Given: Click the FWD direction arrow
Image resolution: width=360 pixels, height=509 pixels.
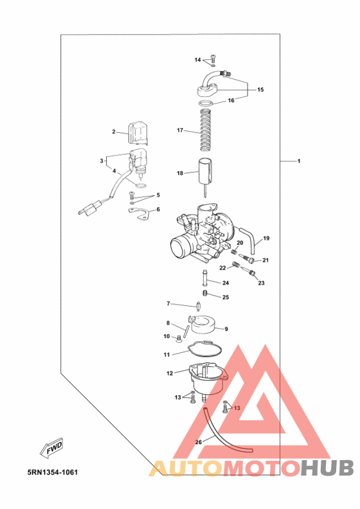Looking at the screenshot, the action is coord(51,448).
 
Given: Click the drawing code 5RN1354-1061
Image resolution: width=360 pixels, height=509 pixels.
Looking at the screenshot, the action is coord(53,472).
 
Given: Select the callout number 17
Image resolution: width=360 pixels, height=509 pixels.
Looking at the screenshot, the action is coord(180,130).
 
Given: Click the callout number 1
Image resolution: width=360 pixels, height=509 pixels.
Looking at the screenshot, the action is coord(299,161).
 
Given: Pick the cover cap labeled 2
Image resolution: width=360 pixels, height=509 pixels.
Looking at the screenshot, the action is coord(139,133).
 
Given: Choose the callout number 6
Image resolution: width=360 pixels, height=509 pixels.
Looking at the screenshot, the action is coord(158,210).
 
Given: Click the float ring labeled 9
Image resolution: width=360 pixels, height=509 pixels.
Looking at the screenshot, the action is coord(204,325).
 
